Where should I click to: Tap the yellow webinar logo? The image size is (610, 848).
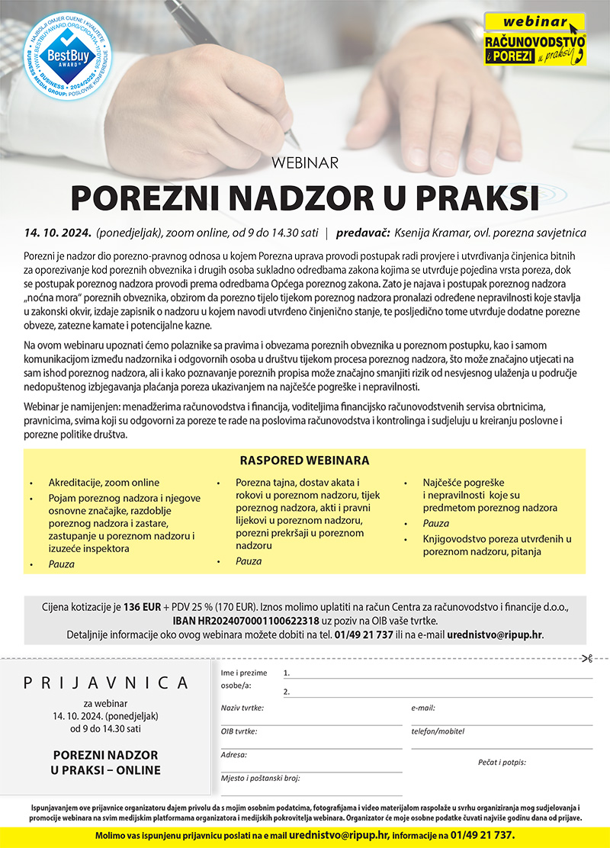tap(535, 39)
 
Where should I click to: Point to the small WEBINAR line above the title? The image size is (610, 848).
tap(304, 162)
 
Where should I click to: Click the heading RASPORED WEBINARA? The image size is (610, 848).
tap(304, 461)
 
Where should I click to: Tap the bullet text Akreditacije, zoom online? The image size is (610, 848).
tap(104, 483)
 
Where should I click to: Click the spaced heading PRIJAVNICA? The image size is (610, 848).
tap(106, 682)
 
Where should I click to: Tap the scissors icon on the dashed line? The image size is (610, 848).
tap(586, 658)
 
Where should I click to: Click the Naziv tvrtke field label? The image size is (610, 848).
tap(242, 708)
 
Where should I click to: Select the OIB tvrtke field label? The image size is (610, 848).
tap(239, 731)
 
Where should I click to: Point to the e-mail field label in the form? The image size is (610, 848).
tap(422, 708)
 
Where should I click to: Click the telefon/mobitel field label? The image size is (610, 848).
tap(438, 731)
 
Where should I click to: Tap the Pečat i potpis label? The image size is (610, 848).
tap(502, 762)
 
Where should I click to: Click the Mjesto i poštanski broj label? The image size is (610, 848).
tap(260, 778)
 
